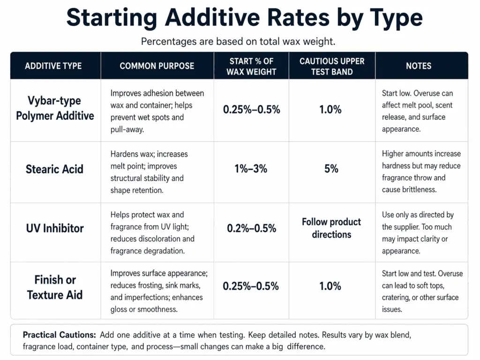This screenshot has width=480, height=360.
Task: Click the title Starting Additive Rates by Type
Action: (x=244, y=17)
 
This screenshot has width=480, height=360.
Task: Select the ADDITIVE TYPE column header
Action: (x=53, y=66)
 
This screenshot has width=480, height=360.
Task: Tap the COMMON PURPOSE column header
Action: (x=157, y=66)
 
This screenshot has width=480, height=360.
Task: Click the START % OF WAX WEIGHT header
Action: (x=251, y=67)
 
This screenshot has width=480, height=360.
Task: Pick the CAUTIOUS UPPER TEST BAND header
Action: (x=332, y=67)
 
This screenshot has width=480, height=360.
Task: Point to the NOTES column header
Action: (x=418, y=66)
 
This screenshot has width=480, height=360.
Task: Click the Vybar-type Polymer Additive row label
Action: (x=55, y=108)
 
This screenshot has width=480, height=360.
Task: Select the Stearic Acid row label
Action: (x=54, y=169)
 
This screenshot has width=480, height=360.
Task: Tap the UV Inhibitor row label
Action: (x=54, y=228)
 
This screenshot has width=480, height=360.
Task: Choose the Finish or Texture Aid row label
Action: (x=55, y=287)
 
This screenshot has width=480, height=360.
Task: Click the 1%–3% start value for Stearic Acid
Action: (x=251, y=169)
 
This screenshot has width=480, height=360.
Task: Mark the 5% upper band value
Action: (x=331, y=169)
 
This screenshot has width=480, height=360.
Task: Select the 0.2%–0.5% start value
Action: (x=251, y=228)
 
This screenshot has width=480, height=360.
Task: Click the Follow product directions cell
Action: (x=331, y=228)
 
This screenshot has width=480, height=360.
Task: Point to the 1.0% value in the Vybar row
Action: (x=330, y=110)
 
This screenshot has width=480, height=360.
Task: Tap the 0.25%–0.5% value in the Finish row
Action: (x=251, y=286)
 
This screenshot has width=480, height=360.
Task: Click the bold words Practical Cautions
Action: (x=59, y=335)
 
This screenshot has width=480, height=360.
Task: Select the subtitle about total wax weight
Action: (x=238, y=41)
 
